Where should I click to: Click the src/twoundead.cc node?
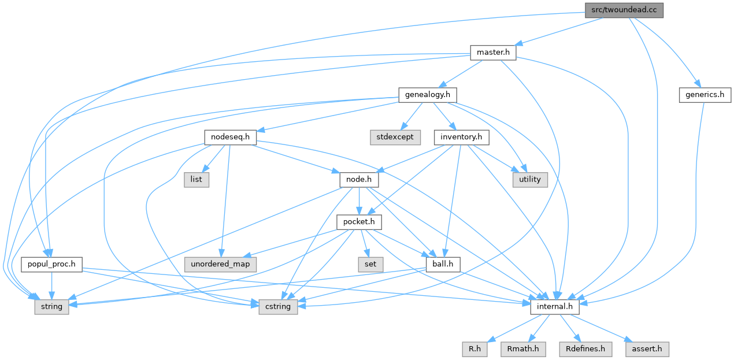tap(624, 10)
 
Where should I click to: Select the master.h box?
tap(492, 53)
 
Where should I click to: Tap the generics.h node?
tap(705, 95)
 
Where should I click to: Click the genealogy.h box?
tap(428, 95)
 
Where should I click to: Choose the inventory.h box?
tap(461, 137)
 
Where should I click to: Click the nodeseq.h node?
tap(231, 137)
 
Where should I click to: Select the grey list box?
tap(196, 179)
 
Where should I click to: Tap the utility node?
tap(529, 179)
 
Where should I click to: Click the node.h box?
tap(358, 179)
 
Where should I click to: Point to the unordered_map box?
tap(217, 264)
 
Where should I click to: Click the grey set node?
tap(370, 264)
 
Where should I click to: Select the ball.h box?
tap(442, 264)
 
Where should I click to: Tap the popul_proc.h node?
tap(51, 264)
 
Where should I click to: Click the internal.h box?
tap(554, 306)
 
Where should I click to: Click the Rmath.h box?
tap(522, 348)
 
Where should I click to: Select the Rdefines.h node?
tap(585, 348)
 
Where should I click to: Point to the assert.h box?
tap(647, 348)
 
